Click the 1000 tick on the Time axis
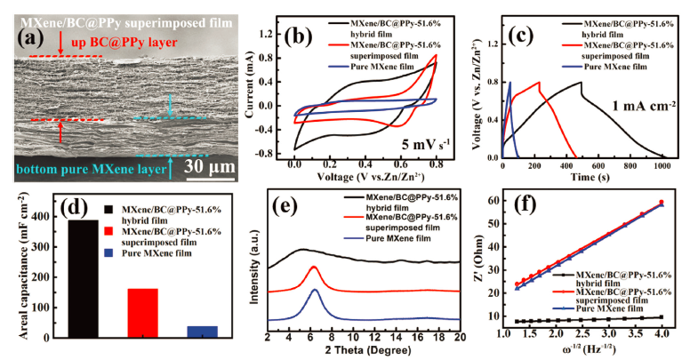(662, 166)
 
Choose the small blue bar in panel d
(202, 332)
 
